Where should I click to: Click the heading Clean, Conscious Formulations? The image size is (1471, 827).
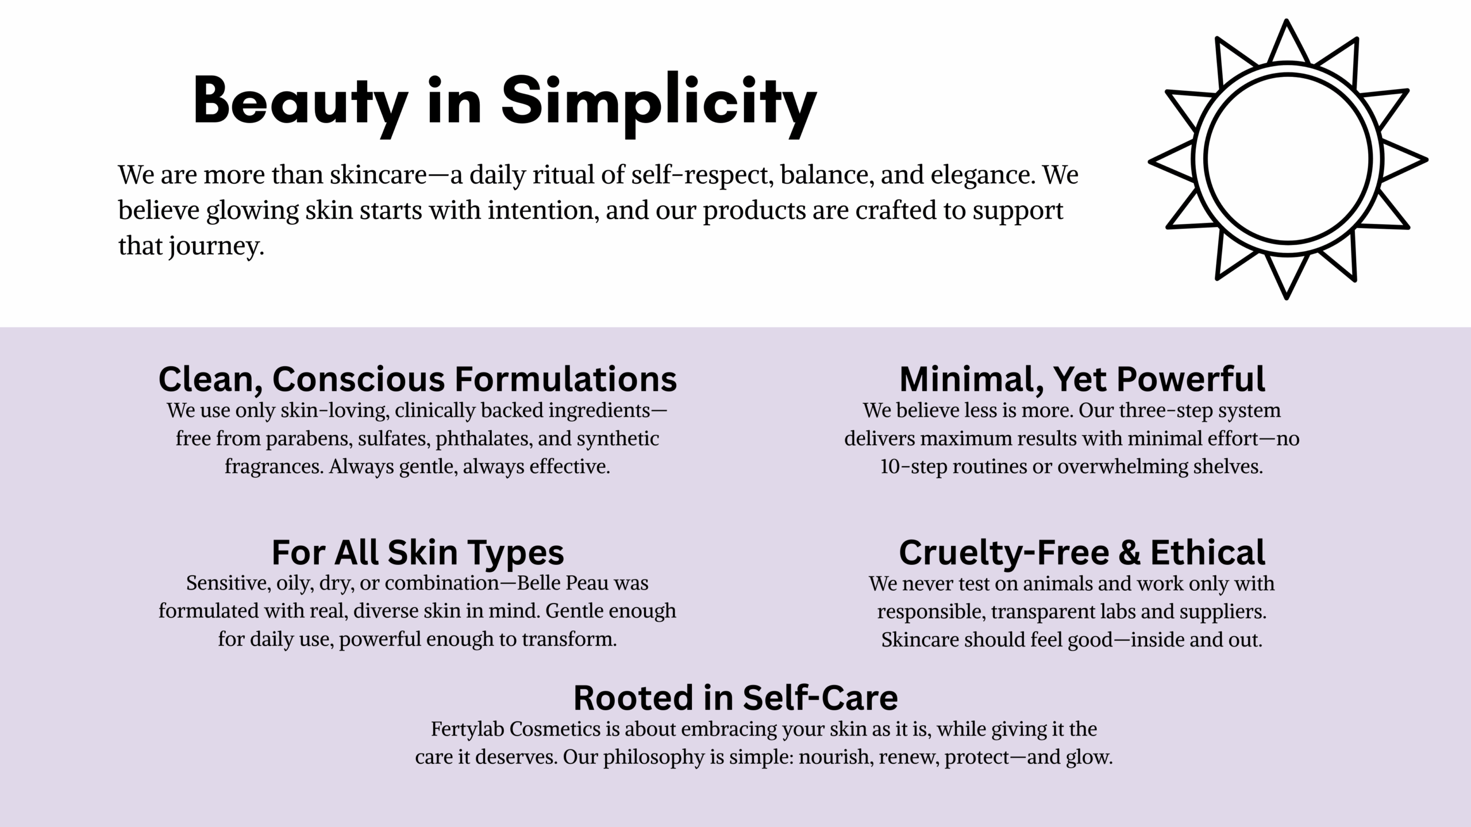point(418,379)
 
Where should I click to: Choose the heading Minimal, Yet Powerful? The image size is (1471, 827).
point(1082,379)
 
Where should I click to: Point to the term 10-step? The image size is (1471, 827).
point(914,466)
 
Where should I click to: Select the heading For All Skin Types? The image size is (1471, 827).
point(418,552)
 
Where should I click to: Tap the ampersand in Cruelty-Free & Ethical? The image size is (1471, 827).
point(1129,552)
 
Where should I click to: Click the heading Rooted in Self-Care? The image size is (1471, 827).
point(735,697)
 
